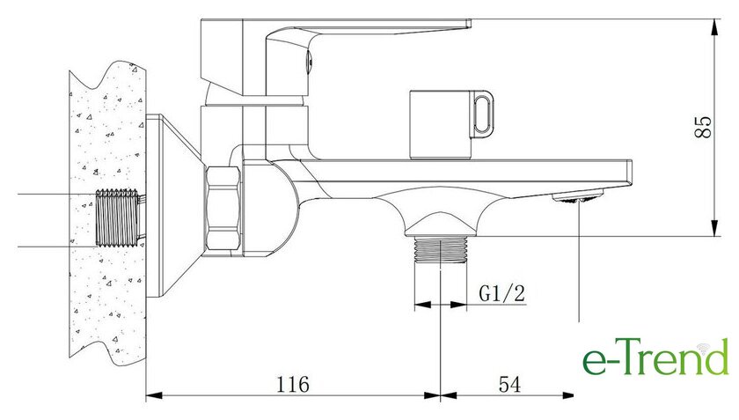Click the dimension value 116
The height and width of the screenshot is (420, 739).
pos(292,384)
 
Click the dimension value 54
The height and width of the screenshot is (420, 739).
pos(509,384)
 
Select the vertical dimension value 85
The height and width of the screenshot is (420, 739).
pos(703,127)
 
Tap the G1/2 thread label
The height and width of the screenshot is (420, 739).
pos(501,293)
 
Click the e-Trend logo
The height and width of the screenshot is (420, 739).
pos(655,357)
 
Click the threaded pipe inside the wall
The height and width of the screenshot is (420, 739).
pos(118,217)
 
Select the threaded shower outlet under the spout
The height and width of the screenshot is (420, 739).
pos(440,248)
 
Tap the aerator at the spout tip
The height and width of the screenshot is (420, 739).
pos(578,195)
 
